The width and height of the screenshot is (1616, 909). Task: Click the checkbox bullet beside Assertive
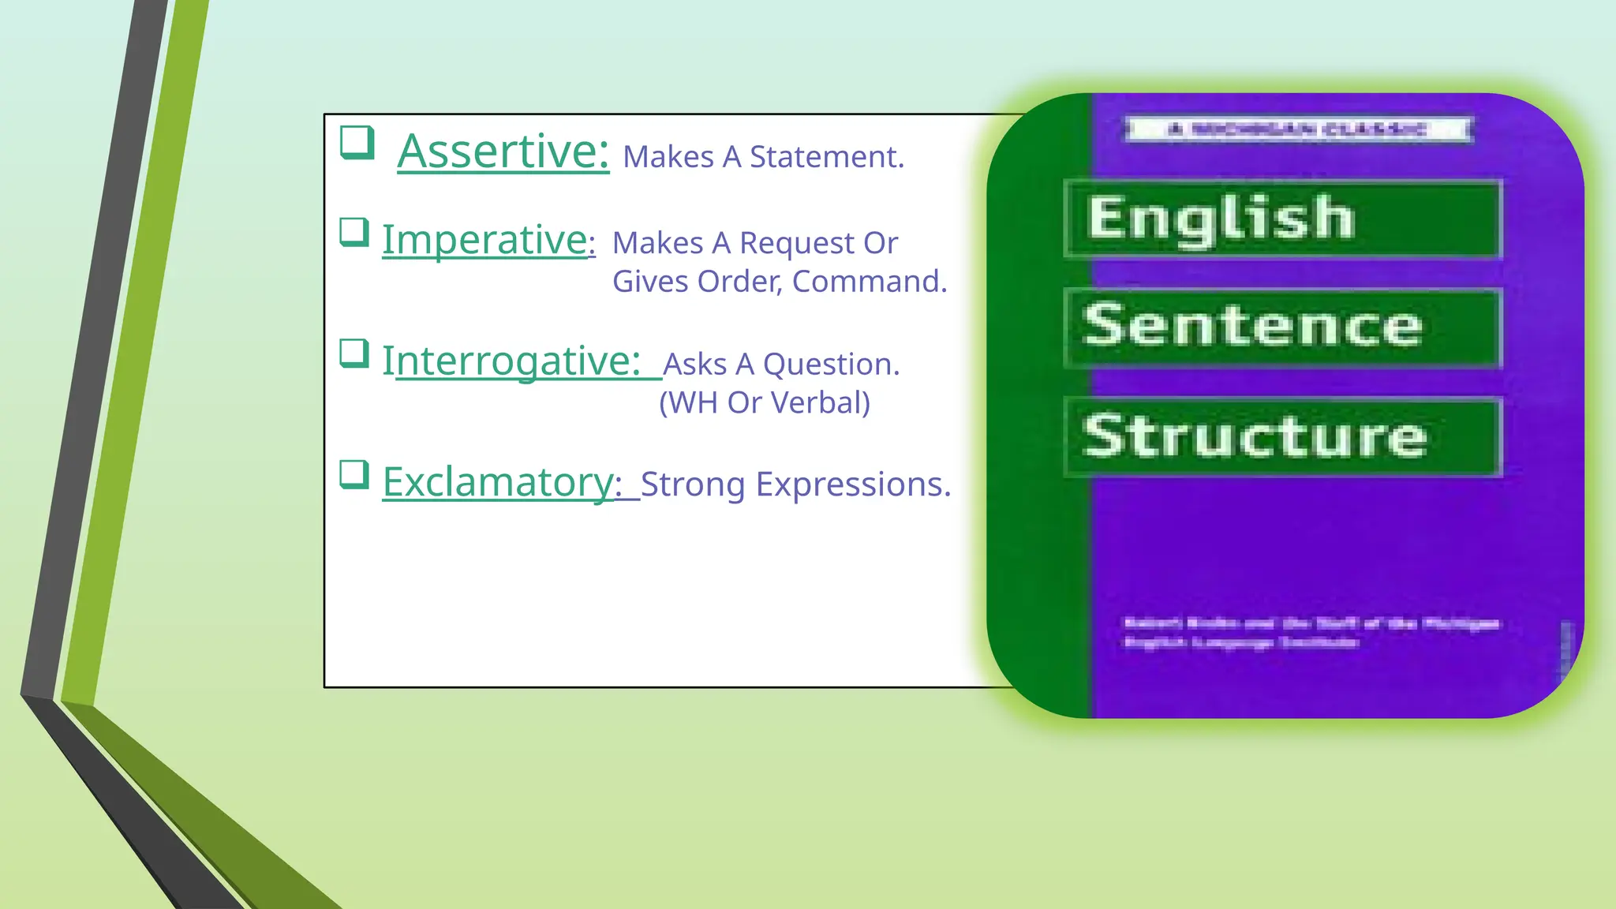[x=357, y=143]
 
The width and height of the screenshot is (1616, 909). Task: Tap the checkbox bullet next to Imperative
[x=354, y=233]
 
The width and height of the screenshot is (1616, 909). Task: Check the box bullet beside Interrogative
[x=354, y=353]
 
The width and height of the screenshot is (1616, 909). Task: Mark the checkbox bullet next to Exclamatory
[x=354, y=475]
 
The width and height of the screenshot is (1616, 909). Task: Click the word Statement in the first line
[x=826, y=157]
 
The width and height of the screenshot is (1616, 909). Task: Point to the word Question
[x=831, y=365]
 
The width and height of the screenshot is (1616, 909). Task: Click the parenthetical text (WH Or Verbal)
[x=765, y=402]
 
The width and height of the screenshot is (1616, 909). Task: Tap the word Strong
[x=692, y=484]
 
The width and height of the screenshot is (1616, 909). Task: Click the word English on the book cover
[x=1221, y=219]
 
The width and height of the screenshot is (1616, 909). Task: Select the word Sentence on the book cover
[x=1253, y=325]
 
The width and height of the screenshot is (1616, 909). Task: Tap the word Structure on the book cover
[x=1255, y=436]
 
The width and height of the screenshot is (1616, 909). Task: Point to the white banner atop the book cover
[x=1298, y=129]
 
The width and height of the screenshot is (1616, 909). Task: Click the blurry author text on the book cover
[x=1310, y=633]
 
